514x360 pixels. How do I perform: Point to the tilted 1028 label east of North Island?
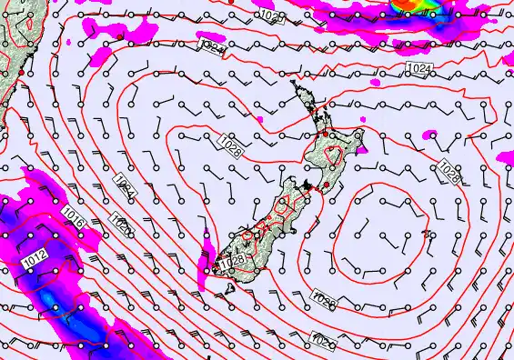(x=448, y=170)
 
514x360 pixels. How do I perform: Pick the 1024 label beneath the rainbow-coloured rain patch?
(x=419, y=69)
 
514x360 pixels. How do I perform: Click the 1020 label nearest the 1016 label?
(x=118, y=221)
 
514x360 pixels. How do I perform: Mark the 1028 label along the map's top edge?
(x=270, y=16)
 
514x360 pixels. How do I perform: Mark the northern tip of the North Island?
(x=294, y=85)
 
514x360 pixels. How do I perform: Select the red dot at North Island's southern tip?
(x=325, y=185)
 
